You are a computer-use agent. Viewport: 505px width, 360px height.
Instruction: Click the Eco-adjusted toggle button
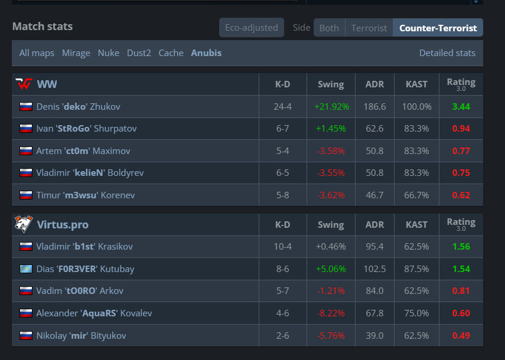click(x=251, y=28)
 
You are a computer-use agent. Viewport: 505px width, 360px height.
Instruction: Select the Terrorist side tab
click(x=369, y=28)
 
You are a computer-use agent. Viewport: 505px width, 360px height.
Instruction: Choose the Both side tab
click(x=329, y=28)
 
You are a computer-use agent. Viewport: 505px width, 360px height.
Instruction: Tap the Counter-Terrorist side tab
click(x=438, y=28)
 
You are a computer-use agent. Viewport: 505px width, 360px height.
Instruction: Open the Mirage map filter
click(x=76, y=53)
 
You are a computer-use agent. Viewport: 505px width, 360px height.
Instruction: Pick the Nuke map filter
click(x=109, y=53)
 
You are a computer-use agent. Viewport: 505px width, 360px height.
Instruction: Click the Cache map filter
click(x=171, y=53)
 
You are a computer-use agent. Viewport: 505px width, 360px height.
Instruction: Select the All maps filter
click(x=37, y=53)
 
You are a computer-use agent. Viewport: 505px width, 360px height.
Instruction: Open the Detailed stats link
click(x=447, y=53)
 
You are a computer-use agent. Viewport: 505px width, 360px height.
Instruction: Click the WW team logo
click(x=24, y=84)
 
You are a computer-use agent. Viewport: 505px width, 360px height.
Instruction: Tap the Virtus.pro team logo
click(x=24, y=224)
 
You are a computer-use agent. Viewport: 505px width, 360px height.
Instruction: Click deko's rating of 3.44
click(x=461, y=106)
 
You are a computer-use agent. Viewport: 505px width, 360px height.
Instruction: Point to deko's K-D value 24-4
click(x=282, y=106)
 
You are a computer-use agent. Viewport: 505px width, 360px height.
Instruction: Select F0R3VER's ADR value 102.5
click(x=374, y=269)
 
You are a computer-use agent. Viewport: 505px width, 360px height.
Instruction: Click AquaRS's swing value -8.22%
click(x=331, y=313)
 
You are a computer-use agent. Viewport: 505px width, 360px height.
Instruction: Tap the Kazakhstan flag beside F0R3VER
click(x=26, y=269)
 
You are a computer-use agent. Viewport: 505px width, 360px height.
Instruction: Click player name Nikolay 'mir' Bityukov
click(x=81, y=336)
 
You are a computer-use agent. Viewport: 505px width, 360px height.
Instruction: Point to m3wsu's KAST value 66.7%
click(x=416, y=195)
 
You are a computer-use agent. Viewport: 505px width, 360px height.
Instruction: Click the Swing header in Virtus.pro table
click(x=331, y=225)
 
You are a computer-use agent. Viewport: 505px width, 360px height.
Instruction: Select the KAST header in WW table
click(x=416, y=84)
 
